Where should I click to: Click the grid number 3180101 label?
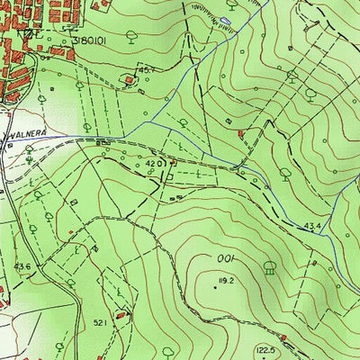[x=85, y=40]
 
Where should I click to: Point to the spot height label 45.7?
[x=146, y=68]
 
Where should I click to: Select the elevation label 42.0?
[x=155, y=164]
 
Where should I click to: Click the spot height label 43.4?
[x=313, y=225]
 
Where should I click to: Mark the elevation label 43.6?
[x=22, y=266]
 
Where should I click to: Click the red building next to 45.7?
[x=131, y=81]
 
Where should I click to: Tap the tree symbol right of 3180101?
[x=130, y=36]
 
